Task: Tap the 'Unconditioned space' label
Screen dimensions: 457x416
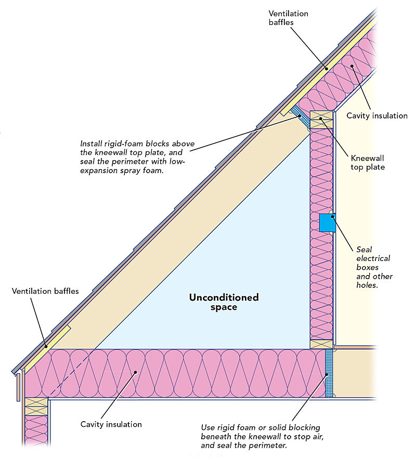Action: (224, 302)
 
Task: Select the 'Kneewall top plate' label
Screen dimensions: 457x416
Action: (367, 162)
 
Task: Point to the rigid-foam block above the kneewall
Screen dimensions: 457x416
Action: (300, 116)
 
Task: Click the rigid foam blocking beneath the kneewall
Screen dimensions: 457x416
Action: (329, 373)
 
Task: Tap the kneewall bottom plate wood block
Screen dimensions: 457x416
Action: (321, 344)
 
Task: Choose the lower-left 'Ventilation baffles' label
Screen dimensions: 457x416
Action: (45, 291)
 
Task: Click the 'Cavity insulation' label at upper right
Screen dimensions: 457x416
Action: (377, 115)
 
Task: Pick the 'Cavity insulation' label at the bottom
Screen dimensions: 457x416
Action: (111, 424)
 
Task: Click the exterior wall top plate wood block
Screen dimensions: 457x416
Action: (36, 406)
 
